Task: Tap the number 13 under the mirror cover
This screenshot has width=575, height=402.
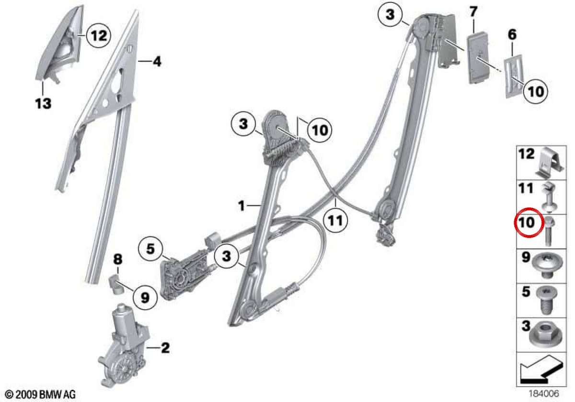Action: (x=43, y=103)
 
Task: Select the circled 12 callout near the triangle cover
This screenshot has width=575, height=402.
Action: (x=99, y=35)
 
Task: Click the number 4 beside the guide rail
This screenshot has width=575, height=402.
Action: (x=157, y=62)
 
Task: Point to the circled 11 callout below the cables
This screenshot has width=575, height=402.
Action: (x=335, y=221)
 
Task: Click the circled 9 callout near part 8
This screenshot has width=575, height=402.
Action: (x=145, y=298)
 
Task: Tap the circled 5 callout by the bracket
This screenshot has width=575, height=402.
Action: (x=150, y=249)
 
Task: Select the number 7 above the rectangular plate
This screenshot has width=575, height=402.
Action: (x=473, y=12)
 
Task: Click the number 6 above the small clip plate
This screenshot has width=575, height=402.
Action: (x=512, y=34)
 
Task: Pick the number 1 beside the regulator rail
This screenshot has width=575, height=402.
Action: (x=241, y=206)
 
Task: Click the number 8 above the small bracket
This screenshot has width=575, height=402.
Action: (x=118, y=259)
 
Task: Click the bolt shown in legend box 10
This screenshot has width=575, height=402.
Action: (x=548, y=231)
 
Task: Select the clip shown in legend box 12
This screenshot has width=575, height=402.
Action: (x=549, y=163)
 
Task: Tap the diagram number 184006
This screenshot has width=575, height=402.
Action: (x=543, y=393)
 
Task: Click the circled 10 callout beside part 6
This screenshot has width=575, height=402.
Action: (x=535, y=91)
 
